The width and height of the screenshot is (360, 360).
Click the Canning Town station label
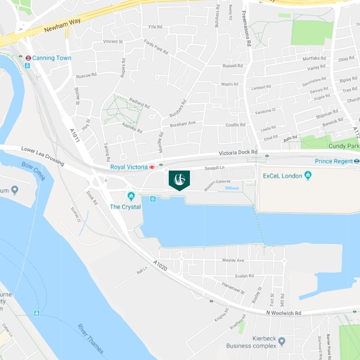[x=52, y=58]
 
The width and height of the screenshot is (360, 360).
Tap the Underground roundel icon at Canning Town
[x=28, y=58]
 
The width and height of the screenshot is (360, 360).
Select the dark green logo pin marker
[x=179, y=179]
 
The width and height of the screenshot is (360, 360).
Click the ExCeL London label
[x=283, y=176]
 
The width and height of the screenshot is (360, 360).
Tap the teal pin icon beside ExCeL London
[x=308, y=175]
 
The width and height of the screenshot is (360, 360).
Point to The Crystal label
[x=126, y=207]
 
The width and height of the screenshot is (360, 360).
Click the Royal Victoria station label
[x=129, y=167]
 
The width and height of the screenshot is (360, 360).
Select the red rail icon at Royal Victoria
[x=153, y=167]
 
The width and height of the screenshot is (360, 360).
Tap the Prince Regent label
[x=333, y=161]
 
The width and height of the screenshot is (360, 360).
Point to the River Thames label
[x=90, y=338]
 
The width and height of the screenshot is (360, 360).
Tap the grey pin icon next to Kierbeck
[x=282, y=342]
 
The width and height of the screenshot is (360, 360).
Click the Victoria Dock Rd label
[x=238, y=153]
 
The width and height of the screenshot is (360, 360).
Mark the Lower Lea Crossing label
[x=42, y=156]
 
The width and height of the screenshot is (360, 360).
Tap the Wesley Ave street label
[x=233, y=261]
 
